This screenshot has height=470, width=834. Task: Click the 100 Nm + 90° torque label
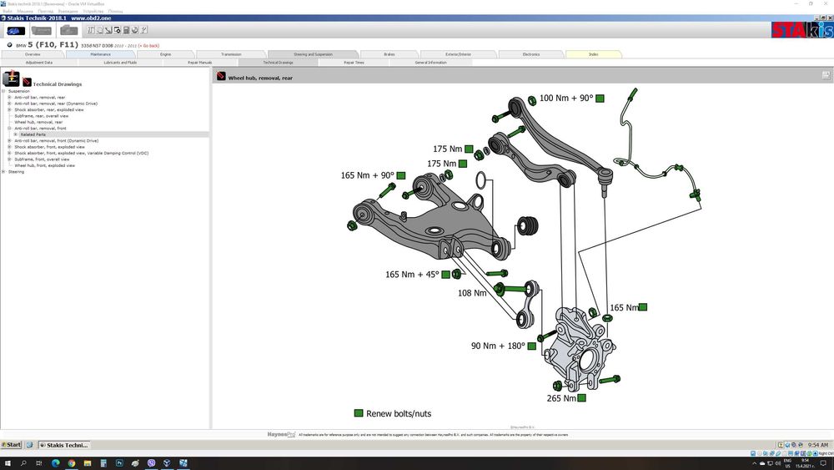[x=566, y=99]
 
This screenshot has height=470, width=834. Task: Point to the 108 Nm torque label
[x=472, y=293]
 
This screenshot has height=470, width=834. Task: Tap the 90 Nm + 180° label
[x=498, y=346]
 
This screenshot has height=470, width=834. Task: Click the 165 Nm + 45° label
[x=412, y=275]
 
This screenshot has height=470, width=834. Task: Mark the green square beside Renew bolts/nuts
[x=359, y=413]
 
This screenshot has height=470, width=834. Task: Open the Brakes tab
[x=389, y=54]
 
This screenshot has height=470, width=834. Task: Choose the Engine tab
[x=167, y=54]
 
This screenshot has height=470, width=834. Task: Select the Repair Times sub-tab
[x=354, y=63]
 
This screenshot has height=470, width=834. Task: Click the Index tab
[x=593, y=54]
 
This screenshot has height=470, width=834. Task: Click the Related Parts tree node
[x=34, y=134]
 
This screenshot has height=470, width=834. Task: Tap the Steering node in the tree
[x=17, y=172]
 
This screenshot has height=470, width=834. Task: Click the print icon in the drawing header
[x=825, y=76]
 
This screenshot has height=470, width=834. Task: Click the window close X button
[x=826, y=3]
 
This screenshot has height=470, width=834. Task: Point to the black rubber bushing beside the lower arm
[x=526, y=225]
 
